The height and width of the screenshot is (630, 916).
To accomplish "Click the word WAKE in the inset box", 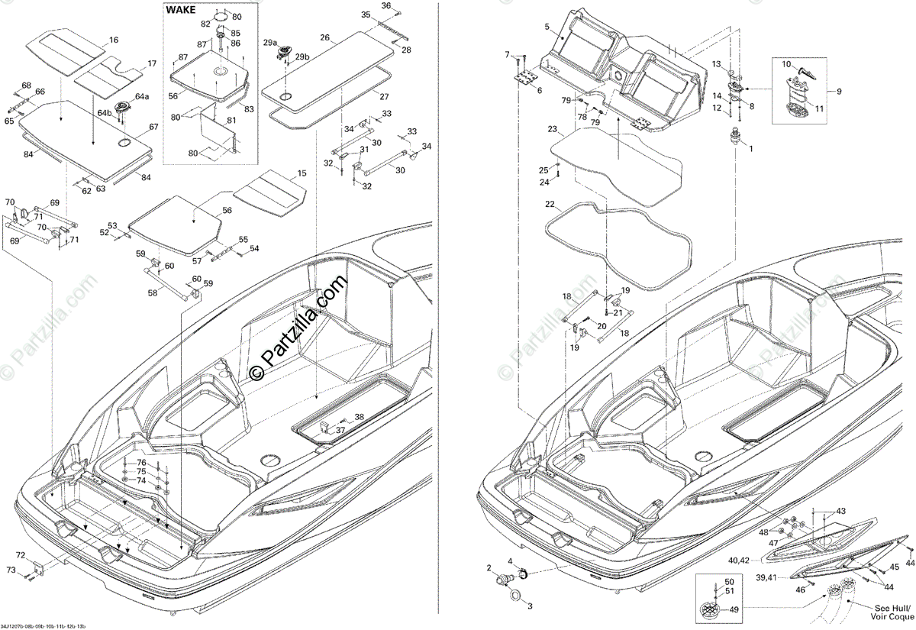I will click(181, 11).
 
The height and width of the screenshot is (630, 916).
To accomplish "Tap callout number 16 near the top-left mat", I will click(114, 40).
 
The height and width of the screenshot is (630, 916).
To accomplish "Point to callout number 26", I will click(324, 37).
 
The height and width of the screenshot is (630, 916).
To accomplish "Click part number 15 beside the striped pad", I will click(302, 174).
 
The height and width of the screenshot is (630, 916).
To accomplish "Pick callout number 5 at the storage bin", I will click(547, 27).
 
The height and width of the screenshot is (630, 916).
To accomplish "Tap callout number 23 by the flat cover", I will click(552, 131).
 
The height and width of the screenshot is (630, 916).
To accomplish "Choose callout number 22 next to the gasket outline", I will click(550, 205).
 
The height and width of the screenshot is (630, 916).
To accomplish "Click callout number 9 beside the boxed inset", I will click(839, 92).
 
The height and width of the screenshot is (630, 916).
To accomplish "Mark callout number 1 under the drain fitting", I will click(750, 148).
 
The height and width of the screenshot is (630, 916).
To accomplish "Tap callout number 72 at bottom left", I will click(20, 554).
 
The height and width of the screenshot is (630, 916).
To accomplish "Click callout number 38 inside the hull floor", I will click(359, 416).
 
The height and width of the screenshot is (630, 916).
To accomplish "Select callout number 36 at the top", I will click(385, 6).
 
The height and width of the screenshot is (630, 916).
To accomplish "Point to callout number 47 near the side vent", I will click(773, 542).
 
